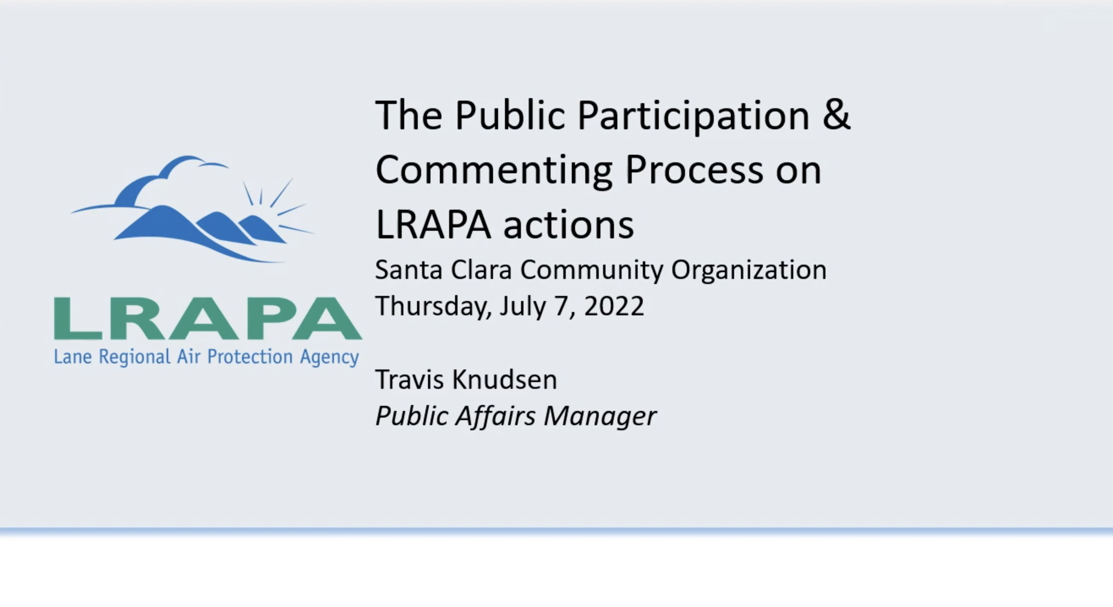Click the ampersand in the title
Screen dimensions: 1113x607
tap(836, 115)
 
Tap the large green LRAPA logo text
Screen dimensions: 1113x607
tap(207, 318)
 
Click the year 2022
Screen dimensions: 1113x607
tap(614, 306)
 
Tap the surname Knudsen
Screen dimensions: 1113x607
tap(504, 380)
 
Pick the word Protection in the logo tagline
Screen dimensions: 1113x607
tap(250, 357)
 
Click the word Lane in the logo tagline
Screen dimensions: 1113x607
tap(73, 357)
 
